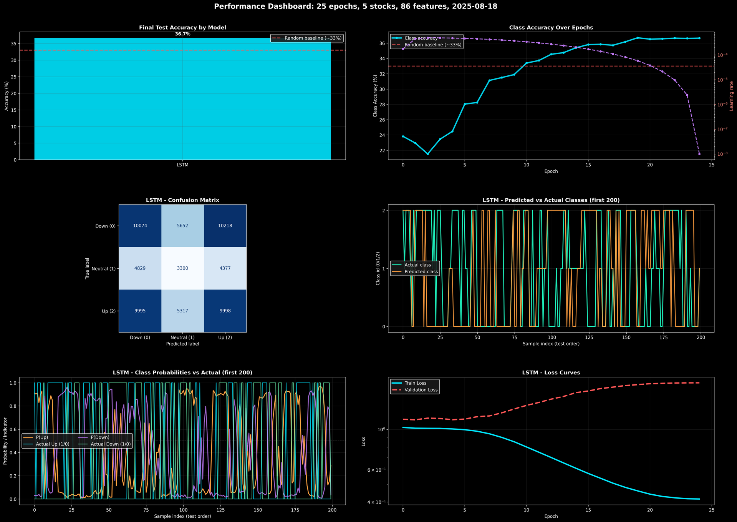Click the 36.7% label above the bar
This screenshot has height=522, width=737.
point(182,34)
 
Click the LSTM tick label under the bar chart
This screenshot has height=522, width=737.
point(182,165)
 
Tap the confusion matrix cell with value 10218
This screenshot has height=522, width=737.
point(225,226)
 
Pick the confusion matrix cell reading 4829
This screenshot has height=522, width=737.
point(140,268)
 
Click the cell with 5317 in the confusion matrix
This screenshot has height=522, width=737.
point(182,311)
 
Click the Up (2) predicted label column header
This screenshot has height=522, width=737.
point(225,337)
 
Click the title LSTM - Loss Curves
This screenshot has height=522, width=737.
point(551,373)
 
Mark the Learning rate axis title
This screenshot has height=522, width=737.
point(732,96)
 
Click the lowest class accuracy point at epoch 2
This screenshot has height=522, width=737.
point(427,154)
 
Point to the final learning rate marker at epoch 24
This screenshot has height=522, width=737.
point(699,154)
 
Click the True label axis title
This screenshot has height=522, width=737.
point(87,268)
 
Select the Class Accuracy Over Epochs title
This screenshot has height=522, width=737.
point(551,28)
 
